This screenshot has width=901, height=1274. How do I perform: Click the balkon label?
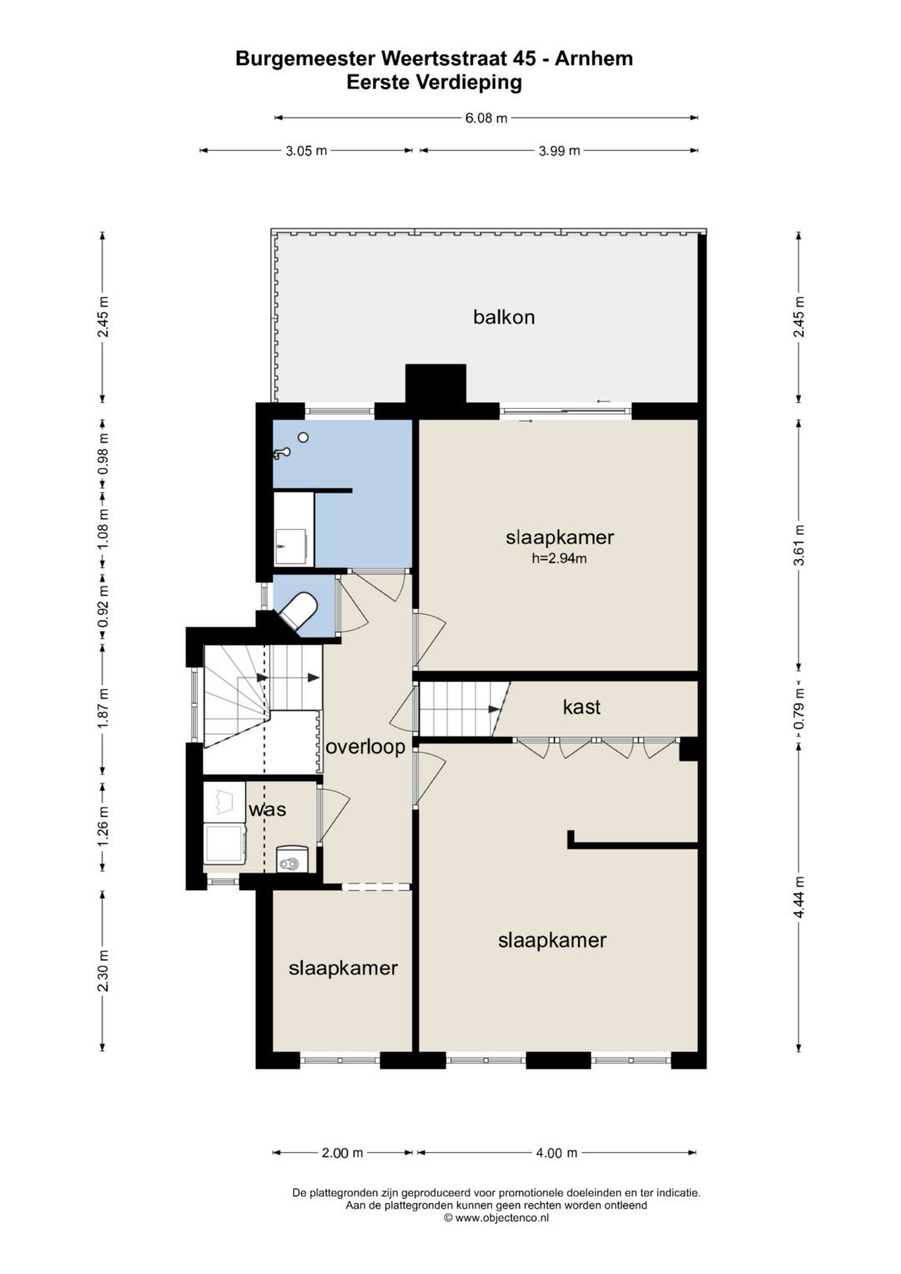tap(504, 317)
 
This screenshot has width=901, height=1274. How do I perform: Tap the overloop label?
tap(365, 746)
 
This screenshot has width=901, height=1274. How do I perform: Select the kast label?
tap(581, 707)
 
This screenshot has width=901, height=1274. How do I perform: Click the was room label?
tap(267, 809)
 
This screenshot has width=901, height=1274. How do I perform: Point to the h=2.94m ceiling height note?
tap(559, 558)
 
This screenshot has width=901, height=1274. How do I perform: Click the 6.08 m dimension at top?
tap(486, 118)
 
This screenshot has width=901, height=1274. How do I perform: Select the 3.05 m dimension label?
tap(306, 151)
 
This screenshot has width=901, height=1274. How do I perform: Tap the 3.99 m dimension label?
tap(559, 151)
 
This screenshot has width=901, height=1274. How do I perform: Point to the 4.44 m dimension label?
tap(799, 898)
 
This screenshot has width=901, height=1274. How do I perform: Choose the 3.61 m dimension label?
tap(799, 544)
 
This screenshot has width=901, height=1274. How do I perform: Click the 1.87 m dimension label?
tap(103, 708)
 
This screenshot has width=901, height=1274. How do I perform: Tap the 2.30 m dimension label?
tap(103, 970)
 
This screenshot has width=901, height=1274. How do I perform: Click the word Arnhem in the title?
tap(593, 58)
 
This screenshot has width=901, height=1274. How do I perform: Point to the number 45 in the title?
tap(526, 58)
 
